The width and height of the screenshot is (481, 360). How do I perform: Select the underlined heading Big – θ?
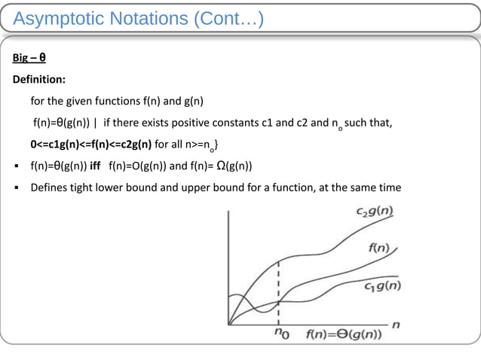click(x=29, y=58)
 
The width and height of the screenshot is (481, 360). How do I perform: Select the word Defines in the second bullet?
click(x=49, y=187)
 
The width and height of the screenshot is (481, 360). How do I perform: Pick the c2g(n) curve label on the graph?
click(x=378, y=213)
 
